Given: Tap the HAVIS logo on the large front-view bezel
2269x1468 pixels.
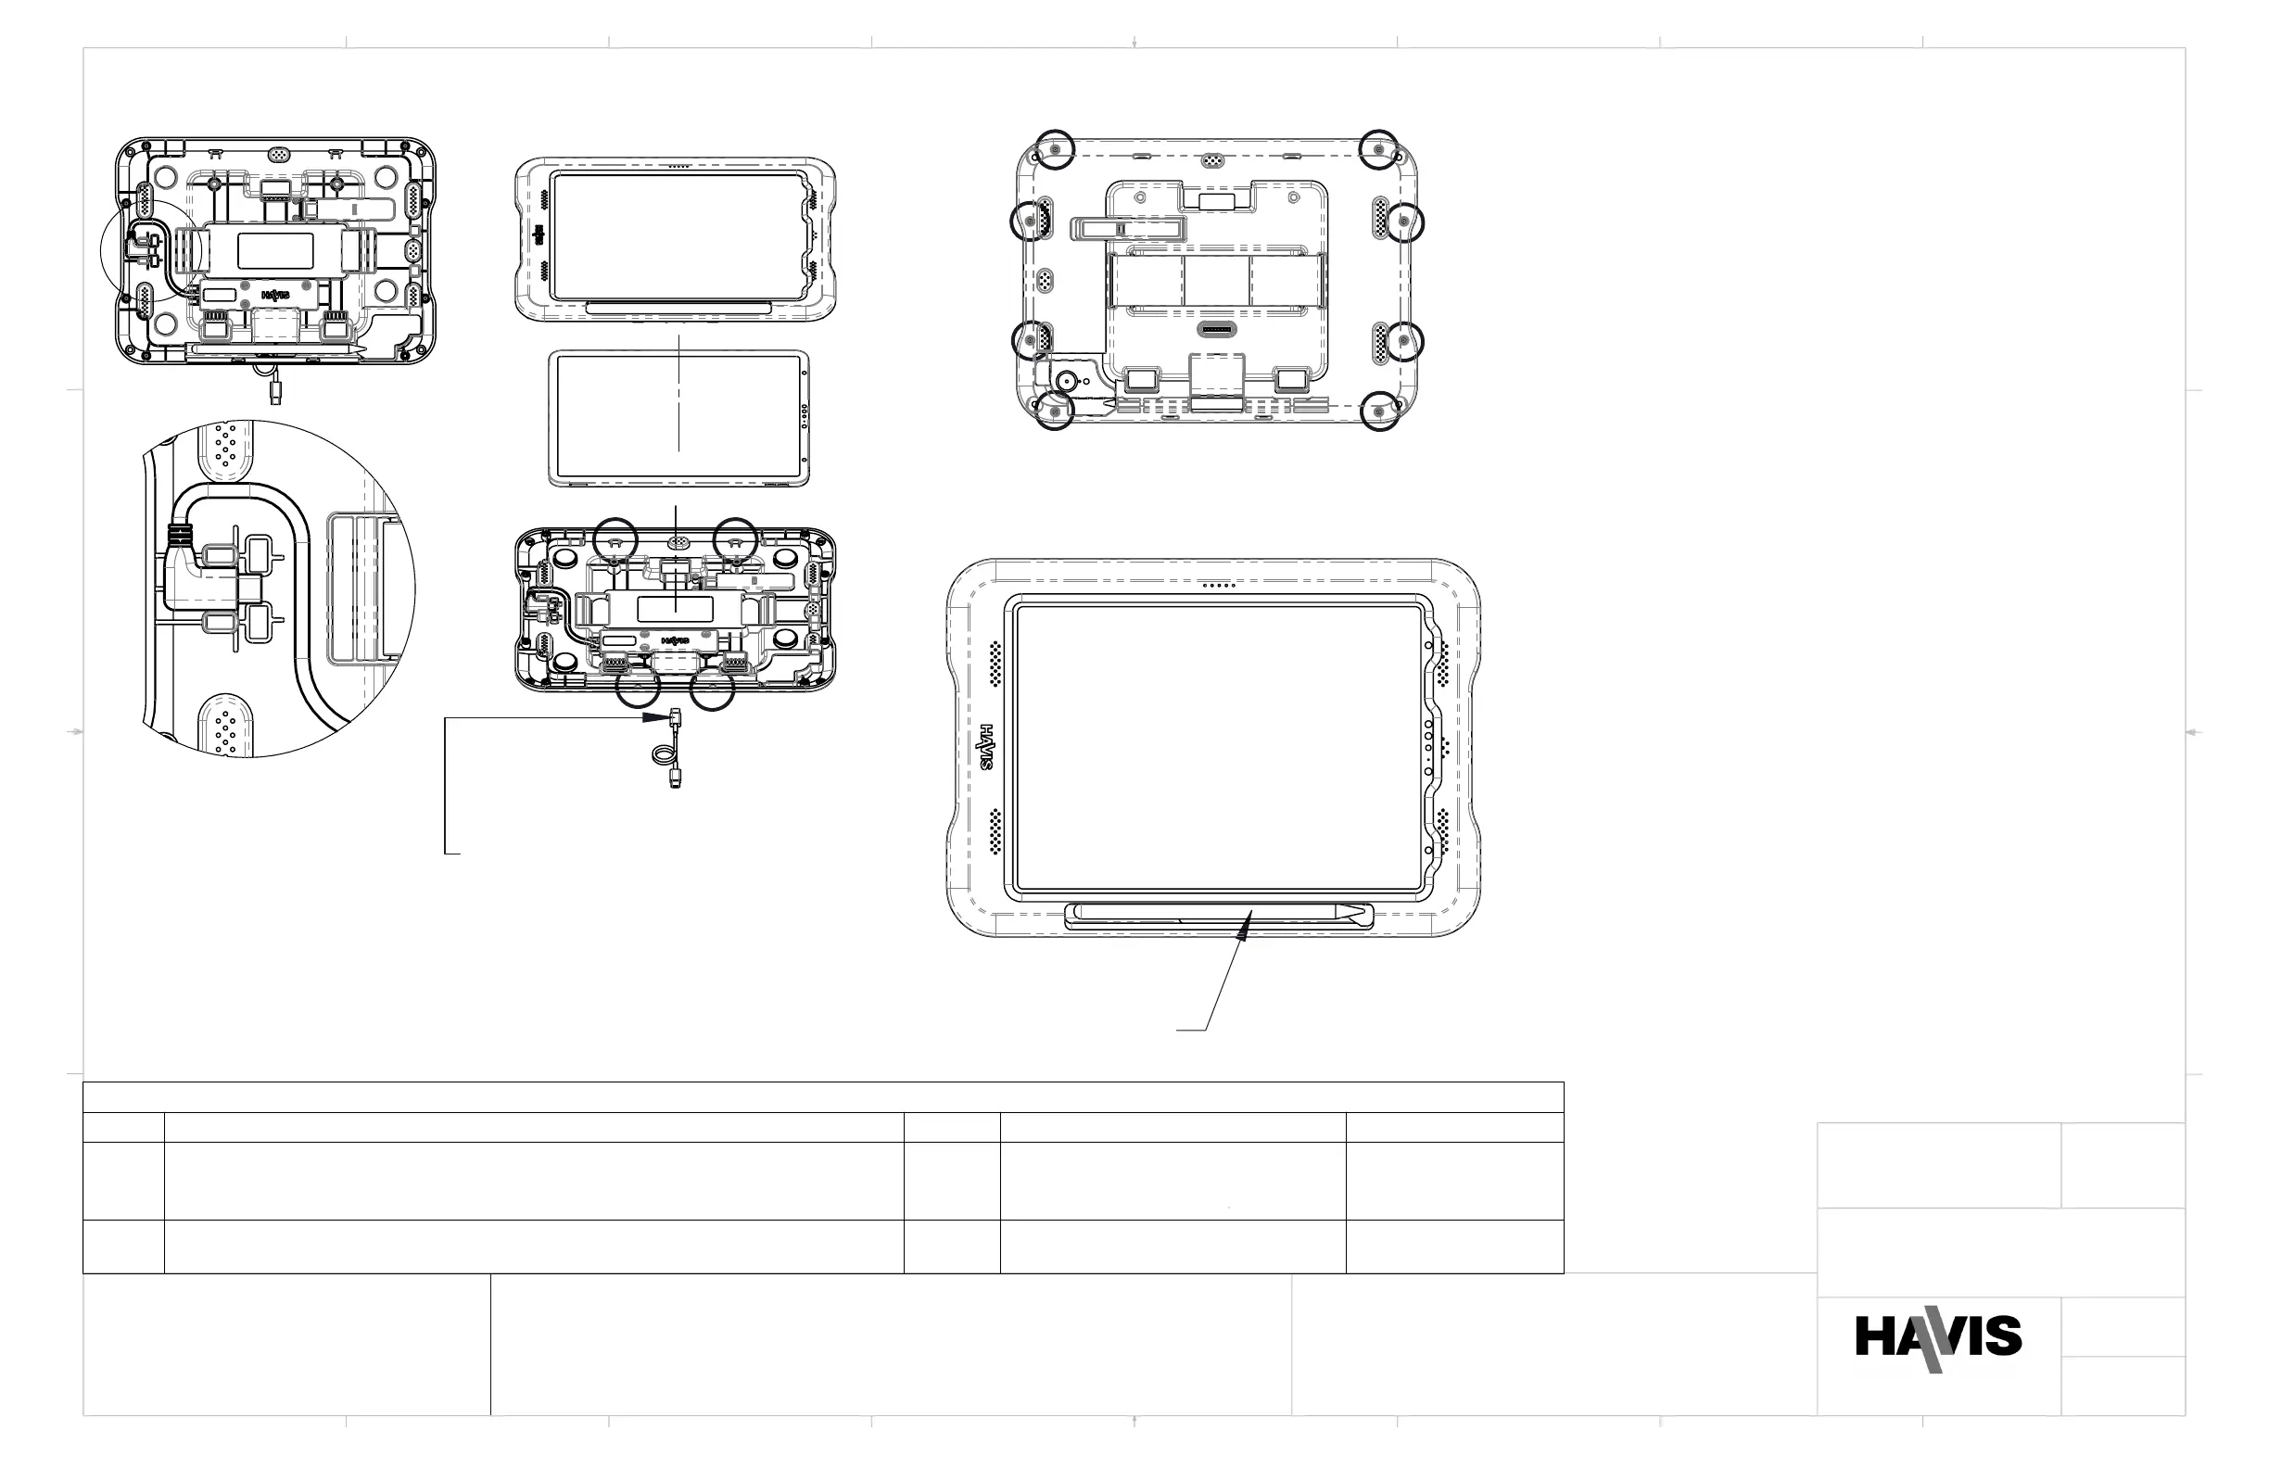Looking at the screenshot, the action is tap(987, 747).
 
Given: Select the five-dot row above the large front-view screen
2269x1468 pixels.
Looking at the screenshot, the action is tap(1219, 586).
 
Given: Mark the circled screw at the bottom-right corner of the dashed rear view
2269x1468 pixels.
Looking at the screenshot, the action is tap(1379, 411).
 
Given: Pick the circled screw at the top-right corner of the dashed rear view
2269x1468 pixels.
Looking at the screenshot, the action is tap(1379, 148).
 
